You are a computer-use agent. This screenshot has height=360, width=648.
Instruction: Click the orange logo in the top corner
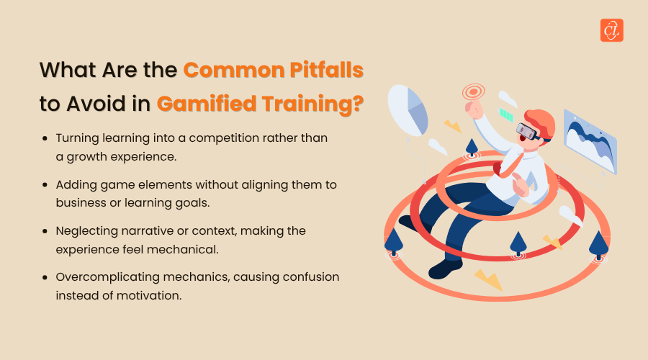pos(611,30)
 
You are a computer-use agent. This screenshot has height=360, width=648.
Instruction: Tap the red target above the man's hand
pos(474,91)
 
